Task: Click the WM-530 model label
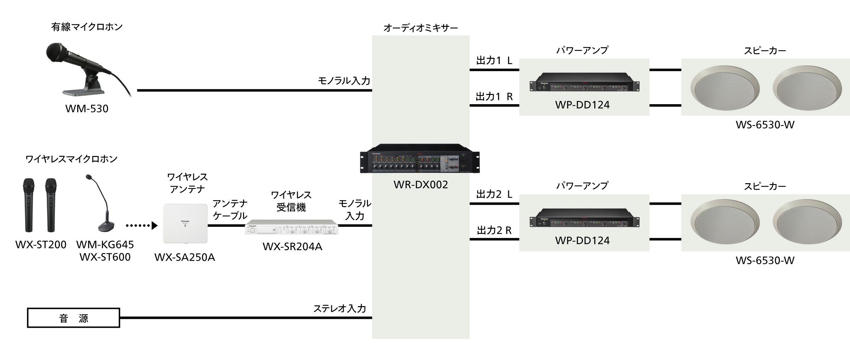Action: click(x=87, y=108)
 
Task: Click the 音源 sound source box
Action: click(x=74, y=318)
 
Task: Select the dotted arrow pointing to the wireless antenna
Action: click(x=141, y=225)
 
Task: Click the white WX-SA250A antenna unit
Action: click(x=185, y=223)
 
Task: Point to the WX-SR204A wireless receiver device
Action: click(x=291, y=227)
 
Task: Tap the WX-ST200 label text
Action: click(x=41, y=244)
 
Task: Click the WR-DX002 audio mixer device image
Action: click(x=420, y=158)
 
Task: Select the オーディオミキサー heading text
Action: click(x=420, y=28)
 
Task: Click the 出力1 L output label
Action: click(x=494, y=61)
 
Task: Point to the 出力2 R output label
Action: click(x=494, y=231)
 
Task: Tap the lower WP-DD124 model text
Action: click(x=582, y=240)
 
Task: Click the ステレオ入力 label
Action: click(x=339, y=308)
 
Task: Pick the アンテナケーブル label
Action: click(x=230, y=209)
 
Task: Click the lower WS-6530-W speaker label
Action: click(x=765, y=260)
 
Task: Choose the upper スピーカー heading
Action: click(x=765, y=51)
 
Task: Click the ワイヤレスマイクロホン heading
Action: click(x=71, y=159)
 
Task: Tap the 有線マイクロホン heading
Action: click(x=87, y=27)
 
